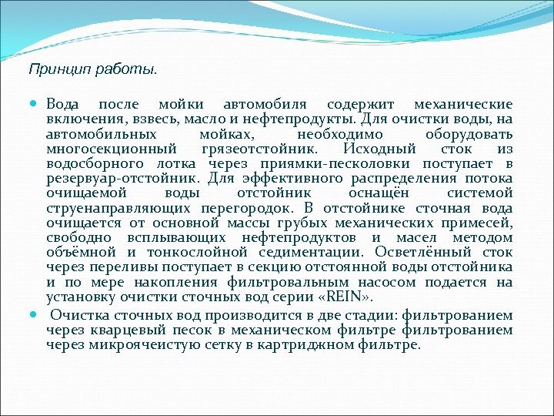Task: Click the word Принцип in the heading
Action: coord(52,69)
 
